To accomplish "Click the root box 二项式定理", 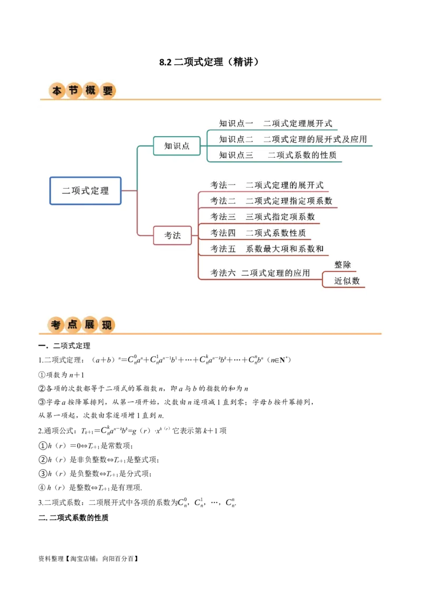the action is [x=85, y=190].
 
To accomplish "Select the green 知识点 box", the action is [x=177, y=146].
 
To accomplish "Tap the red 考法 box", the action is [x=172, y=235].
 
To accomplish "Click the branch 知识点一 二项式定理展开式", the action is [x=275, y=123].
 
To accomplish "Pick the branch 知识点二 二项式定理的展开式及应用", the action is [x=293, y=139].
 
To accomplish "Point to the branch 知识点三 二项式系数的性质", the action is [x=277, y=155].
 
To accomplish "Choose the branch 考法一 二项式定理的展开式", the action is [x=267, y=185].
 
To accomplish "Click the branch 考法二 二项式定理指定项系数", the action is [x=271, y=201].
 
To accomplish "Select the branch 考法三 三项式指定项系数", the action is [x=263, y=217].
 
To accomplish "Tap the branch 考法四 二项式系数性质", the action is [x=258, y=233].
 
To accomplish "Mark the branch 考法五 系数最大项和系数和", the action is [x=267, y=248].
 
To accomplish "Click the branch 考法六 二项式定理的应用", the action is [x=260, y=273].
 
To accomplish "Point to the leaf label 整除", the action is [x=342, y=265].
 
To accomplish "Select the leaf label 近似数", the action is [x=347, y=281].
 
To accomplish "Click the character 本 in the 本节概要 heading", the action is [x=57, y=91].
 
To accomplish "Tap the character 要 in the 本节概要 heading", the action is [x=108, y=91].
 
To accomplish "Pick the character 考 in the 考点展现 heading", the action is [x=56, y=325].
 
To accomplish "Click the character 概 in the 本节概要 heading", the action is [x=91, y=91].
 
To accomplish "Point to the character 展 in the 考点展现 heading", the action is [x=90, y=325].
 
